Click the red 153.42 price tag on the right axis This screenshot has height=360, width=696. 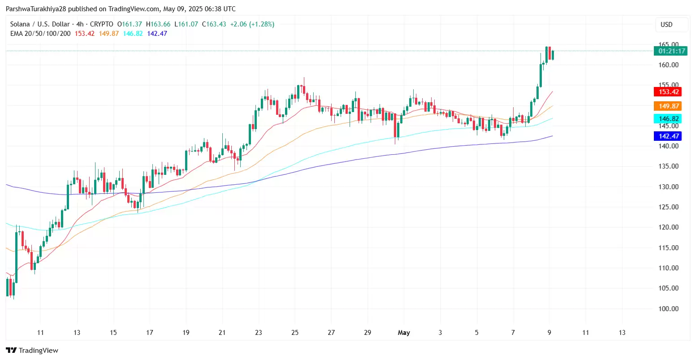click(x=668, y=92)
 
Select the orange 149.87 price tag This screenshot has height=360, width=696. click(x=668, y=106)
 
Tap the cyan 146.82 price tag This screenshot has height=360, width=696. click(x=668, y=119)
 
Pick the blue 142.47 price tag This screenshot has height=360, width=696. click(x=668, y=136)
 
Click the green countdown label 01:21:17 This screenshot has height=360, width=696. click(x=670, y=51)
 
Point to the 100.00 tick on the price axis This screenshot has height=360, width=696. click(x=668, y=309)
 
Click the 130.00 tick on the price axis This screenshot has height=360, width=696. click(x=668, y=187)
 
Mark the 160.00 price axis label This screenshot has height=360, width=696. click(x=668, y=65)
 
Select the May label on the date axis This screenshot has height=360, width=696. click(x=404, y=333)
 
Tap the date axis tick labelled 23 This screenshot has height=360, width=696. click(x=259, y=333)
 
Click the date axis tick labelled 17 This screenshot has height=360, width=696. click(x=149, y=333)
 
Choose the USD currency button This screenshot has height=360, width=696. click(x=666, y=25)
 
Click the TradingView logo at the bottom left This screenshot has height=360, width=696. click(x=32, y=351)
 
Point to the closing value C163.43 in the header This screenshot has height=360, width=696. click(x=214, y=24)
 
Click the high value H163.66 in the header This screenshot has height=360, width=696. click(x=158, y=24)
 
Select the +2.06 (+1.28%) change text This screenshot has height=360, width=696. click(x=252, y=24)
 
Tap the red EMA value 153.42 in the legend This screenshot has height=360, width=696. click(x=85, y=34)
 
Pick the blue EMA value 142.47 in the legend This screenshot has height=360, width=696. click(x=157, y=34)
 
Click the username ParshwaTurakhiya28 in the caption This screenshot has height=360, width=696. click(x=36, y=9)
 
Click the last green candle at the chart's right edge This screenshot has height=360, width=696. click(x=553, y=55)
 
